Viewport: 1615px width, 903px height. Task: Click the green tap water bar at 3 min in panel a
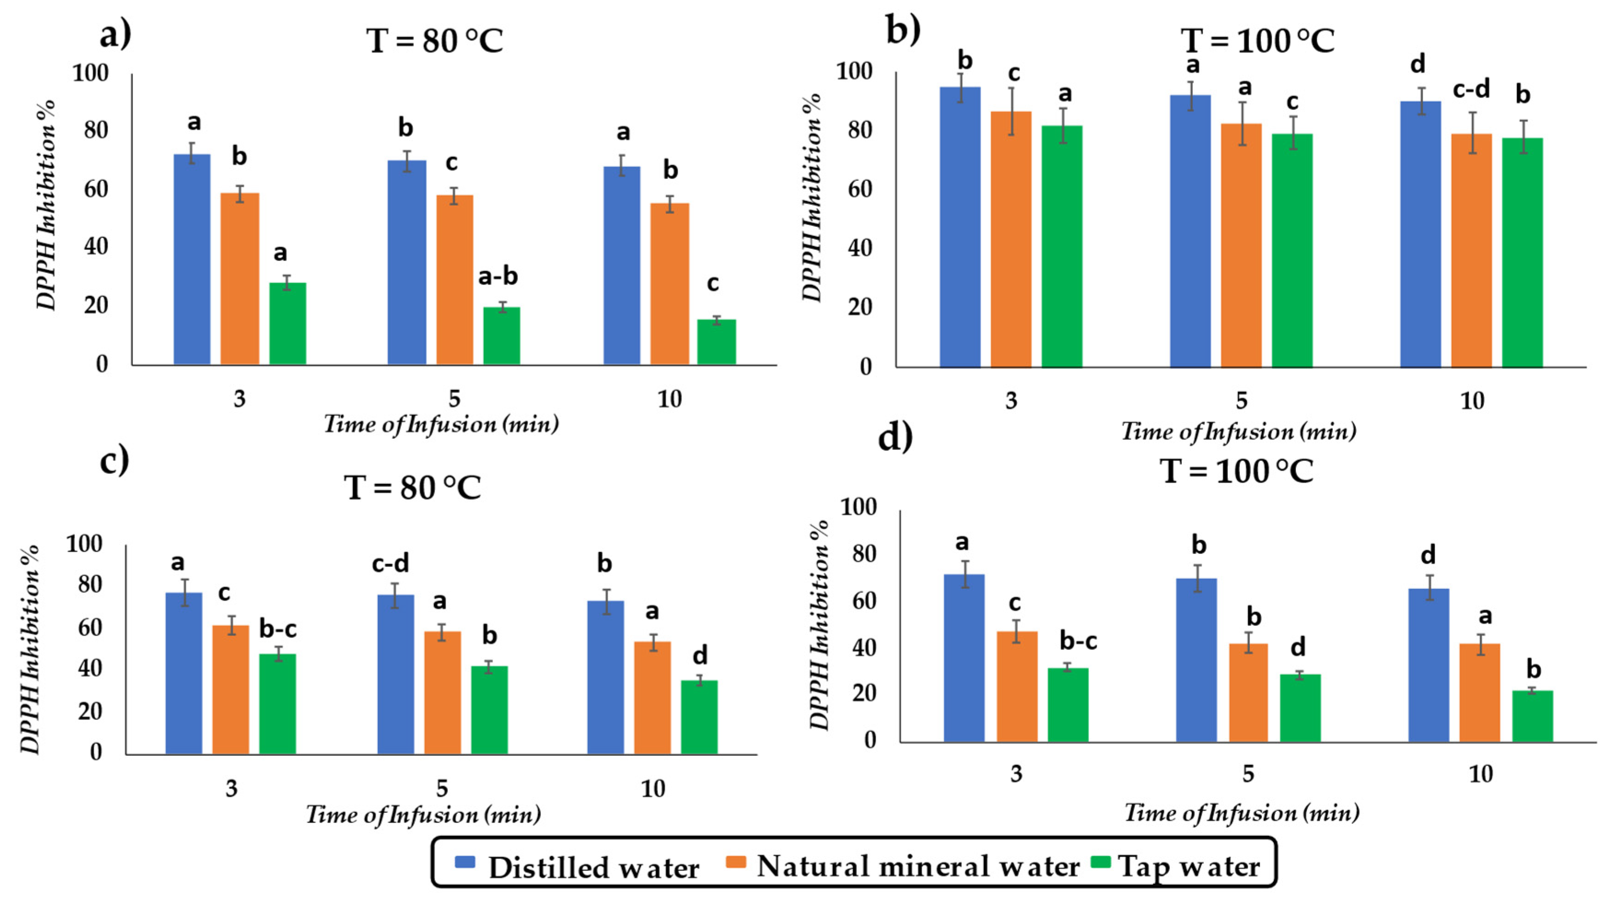click(x=288, y=323)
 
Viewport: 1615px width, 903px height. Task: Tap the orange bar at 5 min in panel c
click(x=442, y=692)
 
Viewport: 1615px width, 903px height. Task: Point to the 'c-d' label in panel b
click(x=1471, y=90)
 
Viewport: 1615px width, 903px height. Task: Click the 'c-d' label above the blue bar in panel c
click(x=390, y=564)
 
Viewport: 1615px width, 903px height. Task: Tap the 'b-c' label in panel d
click(x=1078, y=641)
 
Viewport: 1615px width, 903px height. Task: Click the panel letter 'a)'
click(x=116, y=35)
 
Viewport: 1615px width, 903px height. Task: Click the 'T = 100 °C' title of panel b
click(x=1258, y=41)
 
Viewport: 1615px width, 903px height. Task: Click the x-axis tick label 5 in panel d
click(x=1248, y=774)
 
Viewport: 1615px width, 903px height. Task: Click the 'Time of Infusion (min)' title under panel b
click(x=1238, y=432)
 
